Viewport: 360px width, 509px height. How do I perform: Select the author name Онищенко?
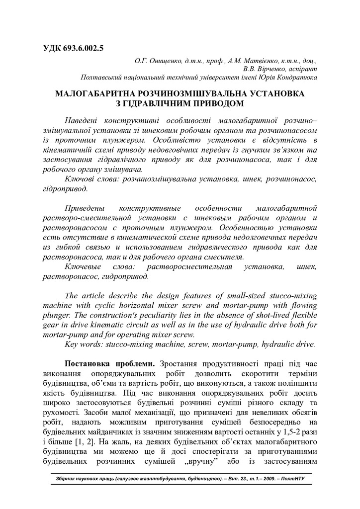(x=159, y=61)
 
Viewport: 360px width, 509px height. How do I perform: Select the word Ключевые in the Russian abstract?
(x=83, y=267)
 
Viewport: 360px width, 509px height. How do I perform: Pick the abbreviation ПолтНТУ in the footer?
(x=293, y=480)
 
